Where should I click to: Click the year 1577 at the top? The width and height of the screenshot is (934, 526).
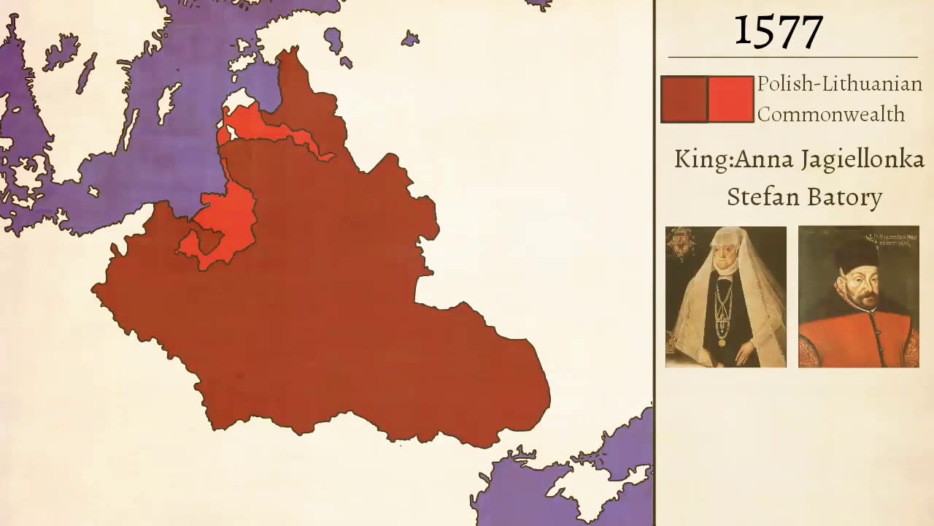(x=779, y=31)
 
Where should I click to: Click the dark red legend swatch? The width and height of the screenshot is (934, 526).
(x=683, y=99)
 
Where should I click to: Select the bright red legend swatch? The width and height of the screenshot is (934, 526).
(x=731, y=99)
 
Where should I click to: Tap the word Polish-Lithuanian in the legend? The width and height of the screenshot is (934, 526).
(x=839, y=84)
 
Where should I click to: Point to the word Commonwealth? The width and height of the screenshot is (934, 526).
(x=830, y=115)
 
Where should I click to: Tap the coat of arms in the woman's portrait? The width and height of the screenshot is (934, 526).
(x=680, y=243)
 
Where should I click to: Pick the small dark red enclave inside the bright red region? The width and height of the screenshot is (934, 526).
(x=207, y=242)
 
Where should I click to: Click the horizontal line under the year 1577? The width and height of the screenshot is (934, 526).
(x=792, y=57)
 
